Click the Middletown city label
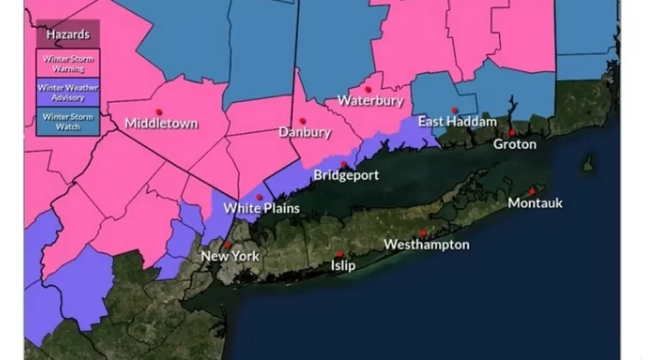point(161,124)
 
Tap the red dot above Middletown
point(159,112)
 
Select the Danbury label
point(304,133)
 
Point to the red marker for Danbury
point(302,121)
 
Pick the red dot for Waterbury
point(367,90)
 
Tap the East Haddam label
point(456,121)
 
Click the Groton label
point(514,144)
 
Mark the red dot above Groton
point(512,133)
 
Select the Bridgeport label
point(346,176)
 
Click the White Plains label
point(262,209)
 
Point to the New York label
point(230,256)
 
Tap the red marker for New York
point(228,245)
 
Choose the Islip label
point(343,265)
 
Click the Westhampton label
point(426,245)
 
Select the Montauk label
point(535,203)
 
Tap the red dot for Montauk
point(532,191)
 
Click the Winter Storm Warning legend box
point(67,61)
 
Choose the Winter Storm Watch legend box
point(67,119)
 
